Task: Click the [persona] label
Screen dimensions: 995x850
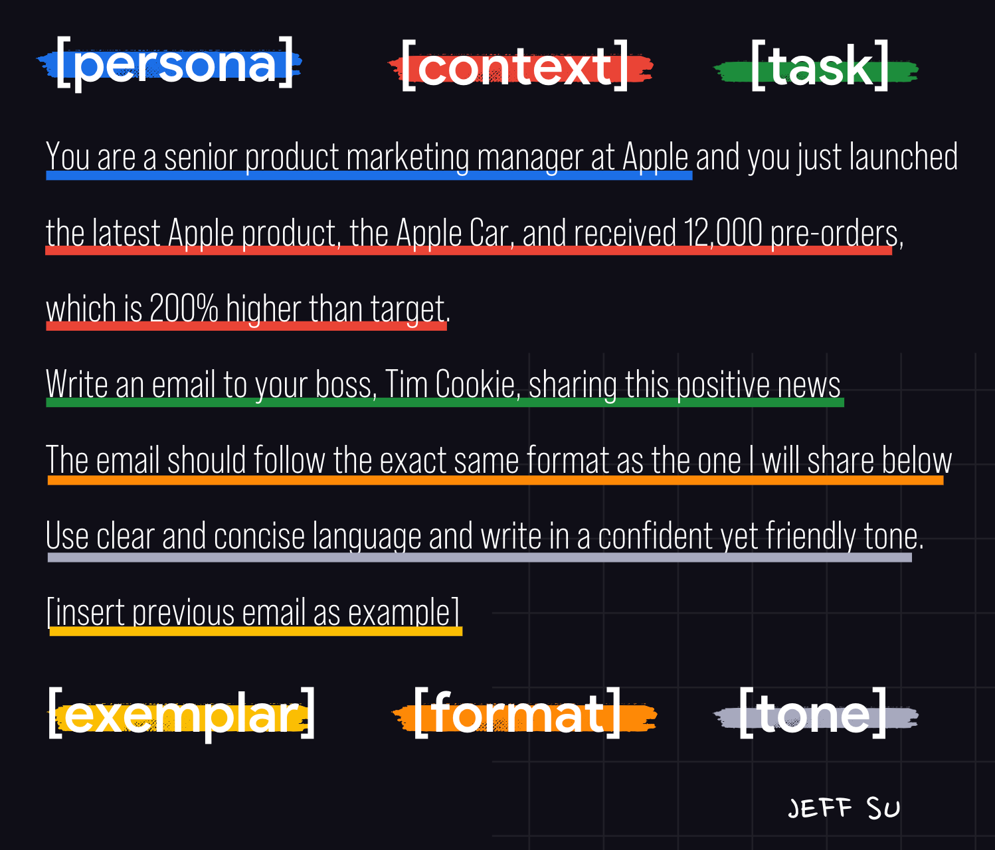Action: click(x=175, y=64)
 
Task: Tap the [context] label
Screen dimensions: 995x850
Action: click(x=515, y=66)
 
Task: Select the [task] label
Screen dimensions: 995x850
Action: click(x=820, y=66)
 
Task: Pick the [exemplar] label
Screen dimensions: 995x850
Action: click(x=181, y=715)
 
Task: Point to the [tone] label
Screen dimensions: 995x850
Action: click(x=812, y=713)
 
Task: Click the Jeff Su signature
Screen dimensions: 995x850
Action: click(x=844, y=807)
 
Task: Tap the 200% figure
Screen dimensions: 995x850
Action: click(x=184, y=309)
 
